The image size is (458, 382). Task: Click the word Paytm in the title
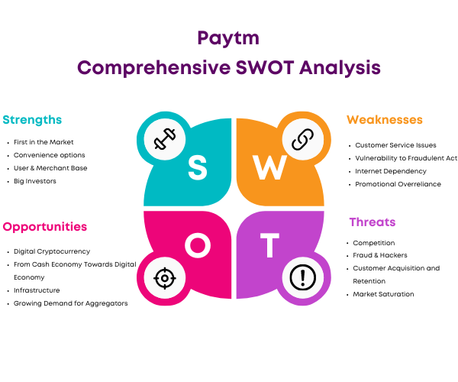[228, 38]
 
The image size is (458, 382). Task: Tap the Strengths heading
[32, 120]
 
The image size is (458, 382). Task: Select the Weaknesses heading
[385, 120]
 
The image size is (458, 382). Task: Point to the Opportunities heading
[45, 227]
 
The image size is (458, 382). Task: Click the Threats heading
[373, 222]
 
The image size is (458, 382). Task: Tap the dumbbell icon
[165, 139]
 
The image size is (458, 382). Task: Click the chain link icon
[303, 139]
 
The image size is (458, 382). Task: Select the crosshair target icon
[165, 278]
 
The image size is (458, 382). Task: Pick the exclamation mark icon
[303, 277]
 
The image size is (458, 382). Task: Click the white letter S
[198, 167]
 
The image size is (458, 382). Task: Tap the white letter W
[269, 167]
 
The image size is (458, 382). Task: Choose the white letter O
[198, 245]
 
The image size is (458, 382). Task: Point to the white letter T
[269, 245]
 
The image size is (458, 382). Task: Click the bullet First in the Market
[44, 142]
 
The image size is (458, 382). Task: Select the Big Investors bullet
[35, 181]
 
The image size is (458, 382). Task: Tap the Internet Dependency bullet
[391, 171]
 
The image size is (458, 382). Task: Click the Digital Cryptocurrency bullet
[52, 251]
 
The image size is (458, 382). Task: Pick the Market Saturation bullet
[383, 294]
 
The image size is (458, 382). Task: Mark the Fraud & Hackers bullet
[379, 255]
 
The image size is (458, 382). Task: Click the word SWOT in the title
[265, 67]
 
